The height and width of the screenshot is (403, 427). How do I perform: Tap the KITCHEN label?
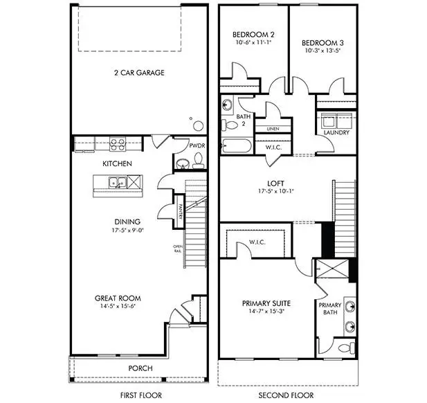pos(118,164)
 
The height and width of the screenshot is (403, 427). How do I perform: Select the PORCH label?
pos(140,368)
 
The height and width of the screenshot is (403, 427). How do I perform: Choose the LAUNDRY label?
pos(336,132)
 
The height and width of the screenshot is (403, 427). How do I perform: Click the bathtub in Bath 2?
pos(236,145)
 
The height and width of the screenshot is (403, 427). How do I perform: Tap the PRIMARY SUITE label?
pos(266,303)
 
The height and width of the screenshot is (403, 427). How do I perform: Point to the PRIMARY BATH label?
pos(330,310)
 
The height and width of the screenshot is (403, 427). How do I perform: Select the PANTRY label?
pos(179,208)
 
